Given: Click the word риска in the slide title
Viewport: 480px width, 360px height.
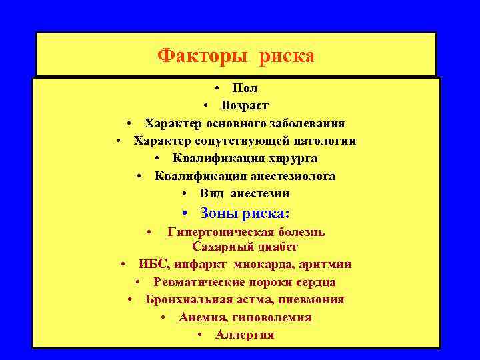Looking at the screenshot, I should point(283,55).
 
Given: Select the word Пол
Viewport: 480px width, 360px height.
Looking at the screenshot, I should point(245,88).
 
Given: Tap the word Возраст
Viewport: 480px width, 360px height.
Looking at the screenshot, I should point(245,105).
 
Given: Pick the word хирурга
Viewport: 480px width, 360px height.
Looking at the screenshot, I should point(291,159).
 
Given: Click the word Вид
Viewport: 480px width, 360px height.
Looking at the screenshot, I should point(211,194).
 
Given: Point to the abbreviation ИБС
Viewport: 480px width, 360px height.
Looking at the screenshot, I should point(153,264).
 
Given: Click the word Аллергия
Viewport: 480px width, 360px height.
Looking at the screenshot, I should point(245,335).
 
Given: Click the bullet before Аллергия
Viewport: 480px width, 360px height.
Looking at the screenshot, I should point(201,335).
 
